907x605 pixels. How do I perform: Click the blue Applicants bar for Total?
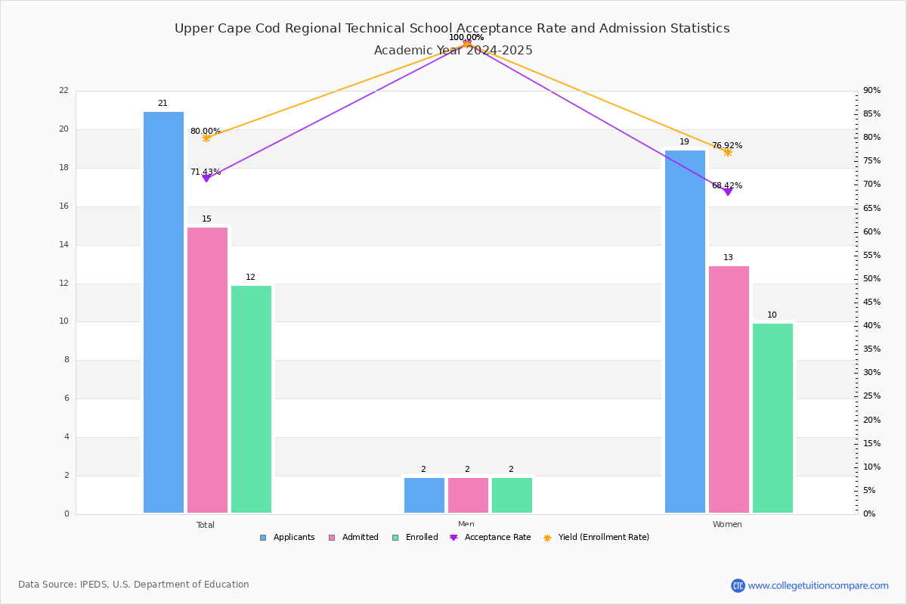click(x=163, y=312)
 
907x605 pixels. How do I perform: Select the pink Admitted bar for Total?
click(x=207, y=370)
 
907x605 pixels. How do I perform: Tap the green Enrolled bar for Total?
click(x=251, y=399)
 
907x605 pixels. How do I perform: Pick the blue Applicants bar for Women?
click(x=685, y=331)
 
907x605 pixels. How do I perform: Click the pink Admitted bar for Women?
click(x=729, y=389)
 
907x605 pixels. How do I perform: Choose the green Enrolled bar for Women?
click(x=772, y=417)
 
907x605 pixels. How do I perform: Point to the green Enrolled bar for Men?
click(x=512, y=495)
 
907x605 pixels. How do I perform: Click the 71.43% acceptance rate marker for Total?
click(x=206, y=178)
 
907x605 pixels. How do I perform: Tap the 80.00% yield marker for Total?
click(x=206, y=138)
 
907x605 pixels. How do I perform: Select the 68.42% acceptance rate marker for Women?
click(x=728, y=192)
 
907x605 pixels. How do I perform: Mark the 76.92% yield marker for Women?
click(x=728, y=152)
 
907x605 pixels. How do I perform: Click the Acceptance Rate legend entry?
click(x=491, y=538)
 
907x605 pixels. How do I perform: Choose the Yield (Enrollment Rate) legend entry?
click(x=596, y=538)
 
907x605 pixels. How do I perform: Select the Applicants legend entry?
click(x=287, y=538)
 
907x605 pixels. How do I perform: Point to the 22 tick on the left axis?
click(x=63, y=91)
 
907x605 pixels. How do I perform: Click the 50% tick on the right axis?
click(x=872, y=279)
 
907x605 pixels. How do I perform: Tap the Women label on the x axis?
click(x=727, y=525)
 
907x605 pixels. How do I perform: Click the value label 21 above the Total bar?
click(x=163, y=104)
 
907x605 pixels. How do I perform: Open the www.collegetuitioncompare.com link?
click(x=818, y=585)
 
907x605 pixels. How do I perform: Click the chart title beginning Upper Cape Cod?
click(x=452, y=29)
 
